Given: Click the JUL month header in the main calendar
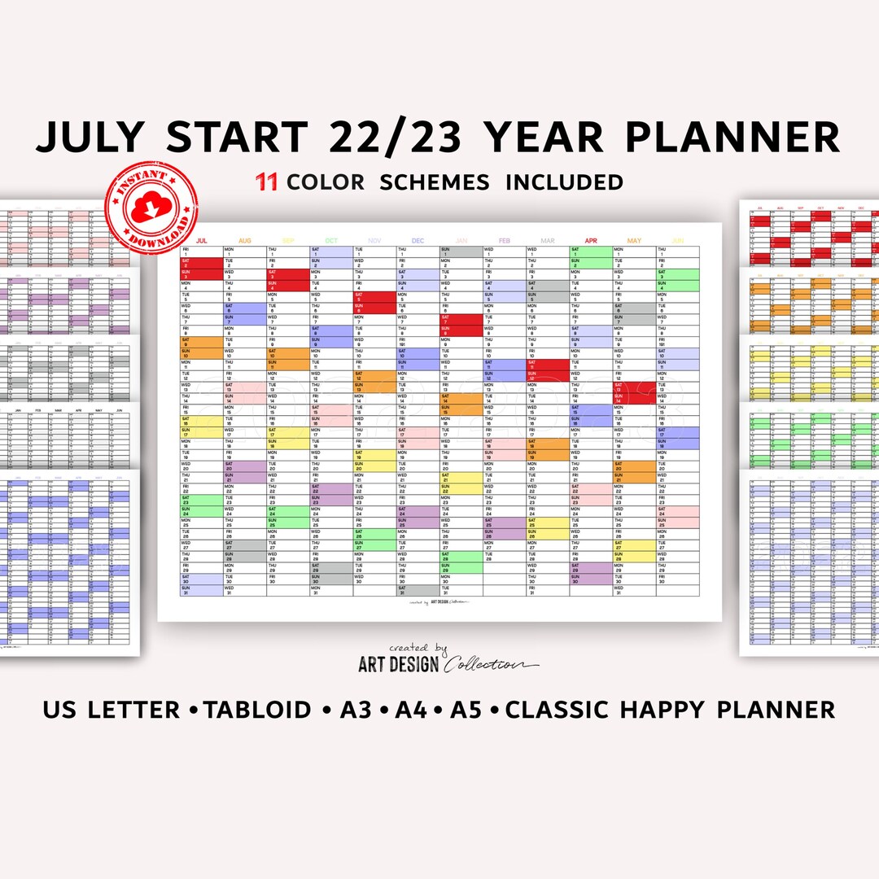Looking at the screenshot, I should [202, 241].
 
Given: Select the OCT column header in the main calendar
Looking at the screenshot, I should [331, 241].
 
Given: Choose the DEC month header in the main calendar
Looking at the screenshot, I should [418, 241].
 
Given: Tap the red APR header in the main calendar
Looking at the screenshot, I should [590, 241].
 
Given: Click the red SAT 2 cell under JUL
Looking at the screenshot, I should [201, 263].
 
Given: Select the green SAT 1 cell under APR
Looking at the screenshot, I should [590, 252].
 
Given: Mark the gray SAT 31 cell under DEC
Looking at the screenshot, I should [418, 590].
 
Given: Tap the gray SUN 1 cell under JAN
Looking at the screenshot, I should [461, 252].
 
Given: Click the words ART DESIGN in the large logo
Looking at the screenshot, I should [399, 664].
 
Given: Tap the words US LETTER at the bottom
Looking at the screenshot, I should [112, 709].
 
